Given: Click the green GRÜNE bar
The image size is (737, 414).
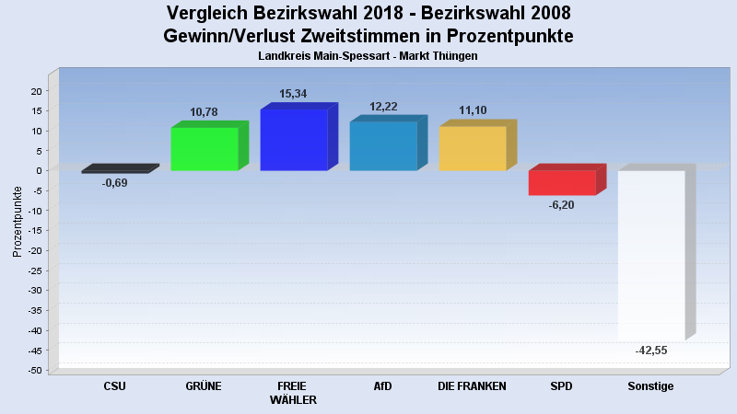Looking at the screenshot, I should (205, 148).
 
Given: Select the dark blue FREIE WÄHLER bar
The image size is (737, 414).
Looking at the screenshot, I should (294, 140).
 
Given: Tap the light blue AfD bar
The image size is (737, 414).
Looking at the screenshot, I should (383, 145).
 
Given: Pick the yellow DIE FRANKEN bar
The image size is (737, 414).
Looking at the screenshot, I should (473, 148).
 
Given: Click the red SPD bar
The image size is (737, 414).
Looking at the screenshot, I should (562, 182).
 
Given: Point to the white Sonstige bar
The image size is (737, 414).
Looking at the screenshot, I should (651, 256).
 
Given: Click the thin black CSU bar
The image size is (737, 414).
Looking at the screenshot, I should (115, 171).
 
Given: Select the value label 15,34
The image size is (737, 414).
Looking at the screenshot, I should (294, 94).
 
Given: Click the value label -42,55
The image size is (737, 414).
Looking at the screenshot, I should (650, 351).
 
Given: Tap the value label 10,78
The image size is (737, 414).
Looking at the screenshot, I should (205, 112).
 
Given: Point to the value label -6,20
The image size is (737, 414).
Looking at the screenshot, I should (561, 204).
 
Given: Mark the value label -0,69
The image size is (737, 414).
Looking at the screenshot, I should (115, 183).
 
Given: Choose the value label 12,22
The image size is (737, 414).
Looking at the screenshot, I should (383, 107).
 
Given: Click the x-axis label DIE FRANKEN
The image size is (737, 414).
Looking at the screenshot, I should (473, 386).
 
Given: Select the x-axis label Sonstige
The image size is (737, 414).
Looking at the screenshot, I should (650, 386).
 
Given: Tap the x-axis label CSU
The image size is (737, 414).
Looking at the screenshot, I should (115, 386).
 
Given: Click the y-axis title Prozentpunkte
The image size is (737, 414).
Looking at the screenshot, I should (18, 221).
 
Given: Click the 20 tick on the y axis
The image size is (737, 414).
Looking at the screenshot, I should (38, 91).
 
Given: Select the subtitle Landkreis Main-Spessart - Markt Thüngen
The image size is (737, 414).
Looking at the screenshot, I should (368, 56).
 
